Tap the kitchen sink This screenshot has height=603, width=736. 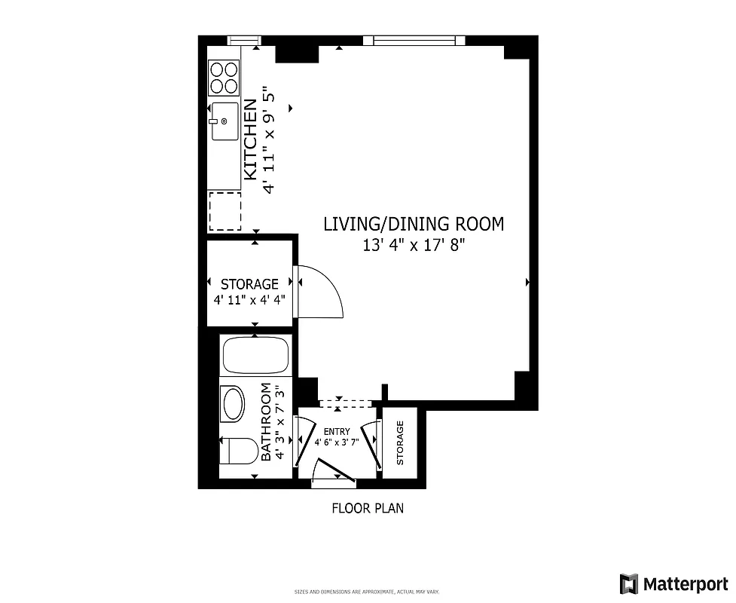pos(224,121)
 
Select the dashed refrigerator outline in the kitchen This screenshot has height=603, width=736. pos(224,211)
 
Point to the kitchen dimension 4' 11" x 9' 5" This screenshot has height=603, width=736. pos(270,141)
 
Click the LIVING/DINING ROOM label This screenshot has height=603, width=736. pos(413,224)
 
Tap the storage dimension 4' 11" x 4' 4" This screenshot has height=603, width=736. pos(249,298)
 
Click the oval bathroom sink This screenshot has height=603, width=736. pos(233,405)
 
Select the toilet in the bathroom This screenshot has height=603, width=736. pos(235,451)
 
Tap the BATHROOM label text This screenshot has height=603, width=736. pos(265,422)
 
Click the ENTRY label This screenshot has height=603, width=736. pos(336,432)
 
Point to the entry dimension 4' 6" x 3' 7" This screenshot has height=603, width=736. pos(336,442)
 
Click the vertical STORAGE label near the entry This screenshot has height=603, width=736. pos(400,442)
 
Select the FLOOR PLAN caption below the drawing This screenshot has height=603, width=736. pos(368,508)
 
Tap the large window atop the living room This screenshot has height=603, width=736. pos(414,40)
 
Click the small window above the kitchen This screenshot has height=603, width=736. pos(243,40)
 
